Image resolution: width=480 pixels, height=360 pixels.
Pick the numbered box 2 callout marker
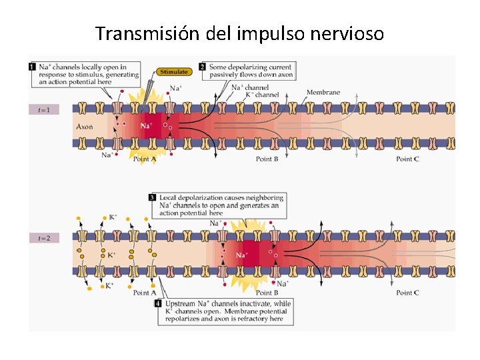pos(203,67)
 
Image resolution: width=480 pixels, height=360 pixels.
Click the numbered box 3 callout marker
pos(153,197)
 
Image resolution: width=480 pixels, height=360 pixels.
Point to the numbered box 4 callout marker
pos(158,303)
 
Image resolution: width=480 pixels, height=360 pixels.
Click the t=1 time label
pos(44,109)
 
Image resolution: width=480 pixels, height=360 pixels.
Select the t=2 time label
pos(44,237)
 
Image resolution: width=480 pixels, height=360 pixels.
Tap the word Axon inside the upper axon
pos(85,126)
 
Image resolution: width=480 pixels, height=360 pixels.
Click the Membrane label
pos(323,92)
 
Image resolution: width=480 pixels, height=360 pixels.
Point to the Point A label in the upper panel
pos(145,159)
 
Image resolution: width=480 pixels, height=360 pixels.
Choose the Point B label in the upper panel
pos(267,159)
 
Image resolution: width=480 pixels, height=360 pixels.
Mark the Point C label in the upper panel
pos(407,159)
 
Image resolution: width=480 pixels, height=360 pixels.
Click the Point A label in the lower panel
pos(145,293)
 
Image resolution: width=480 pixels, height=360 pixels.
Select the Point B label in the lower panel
pos(267,293)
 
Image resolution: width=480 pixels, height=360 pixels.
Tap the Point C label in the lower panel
pos(407,293)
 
